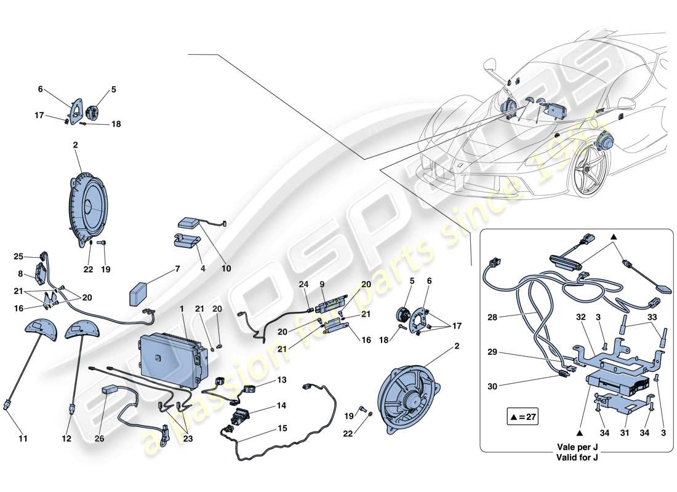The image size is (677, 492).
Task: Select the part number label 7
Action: coord(177,269)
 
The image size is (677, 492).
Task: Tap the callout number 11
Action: coord(23,439)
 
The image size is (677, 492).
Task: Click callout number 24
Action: coord(303,284)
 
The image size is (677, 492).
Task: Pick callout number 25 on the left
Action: coord(18,256)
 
